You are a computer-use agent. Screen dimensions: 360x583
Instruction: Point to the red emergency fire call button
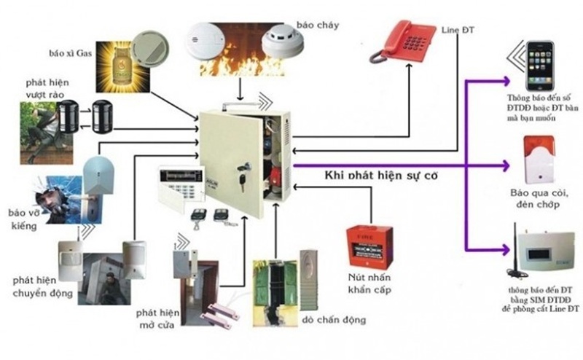tap(369, 243)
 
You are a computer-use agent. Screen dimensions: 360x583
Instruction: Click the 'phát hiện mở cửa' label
tap(151, 318)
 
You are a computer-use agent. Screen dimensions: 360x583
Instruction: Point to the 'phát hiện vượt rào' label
tap(48, 90)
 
